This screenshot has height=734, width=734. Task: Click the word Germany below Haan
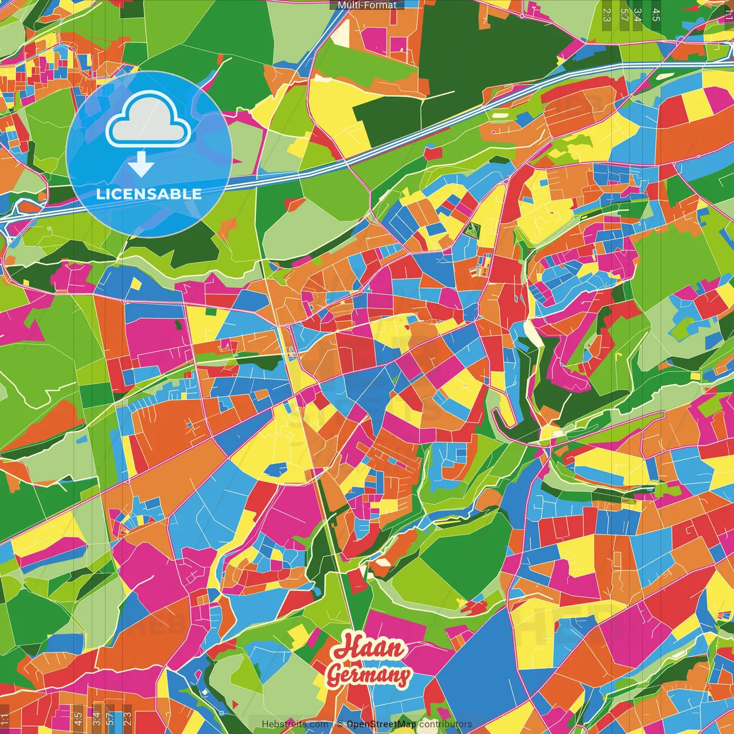369,676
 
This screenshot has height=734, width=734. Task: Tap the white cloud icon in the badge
149,121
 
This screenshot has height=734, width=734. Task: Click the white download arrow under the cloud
141,165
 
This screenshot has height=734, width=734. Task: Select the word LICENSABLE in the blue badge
149,194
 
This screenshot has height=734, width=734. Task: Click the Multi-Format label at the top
367,5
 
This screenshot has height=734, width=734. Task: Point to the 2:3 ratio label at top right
607,14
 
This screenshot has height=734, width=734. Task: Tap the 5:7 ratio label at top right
623,14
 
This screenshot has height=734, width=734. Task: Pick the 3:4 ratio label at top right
638,14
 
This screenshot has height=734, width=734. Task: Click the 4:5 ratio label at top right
656,14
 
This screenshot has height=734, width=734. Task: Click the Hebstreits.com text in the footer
295,724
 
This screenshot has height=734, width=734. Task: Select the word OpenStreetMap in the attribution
381,724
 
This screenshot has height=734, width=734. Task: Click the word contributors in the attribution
446,724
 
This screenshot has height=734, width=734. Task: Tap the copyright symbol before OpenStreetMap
340,724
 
